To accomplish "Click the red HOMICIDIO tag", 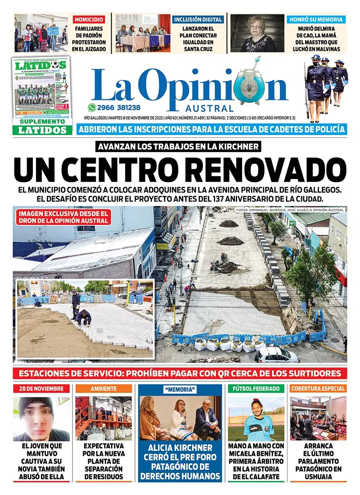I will pyautogui.click(x=89, y=20).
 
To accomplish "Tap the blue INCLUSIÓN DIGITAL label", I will pyautogui.click(x=198, y=20).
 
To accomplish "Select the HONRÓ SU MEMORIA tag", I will pyautogui.click(x=316, y=20).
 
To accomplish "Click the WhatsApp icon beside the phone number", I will pyautogui.click(x=92, y=107).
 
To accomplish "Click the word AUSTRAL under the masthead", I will pyautogui.click(x=209, y=108).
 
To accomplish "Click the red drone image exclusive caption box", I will pyautogui.click(x=63, y=217).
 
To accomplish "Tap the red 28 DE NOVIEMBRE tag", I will pyautogui.click(x=41, y=388).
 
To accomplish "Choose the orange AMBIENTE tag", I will pyautogui.click(x=103, y=388).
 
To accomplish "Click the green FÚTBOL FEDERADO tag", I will pyautogui.click(x=256, y=388).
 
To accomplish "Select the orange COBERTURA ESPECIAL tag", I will pyautogui.click(x=318, y=388).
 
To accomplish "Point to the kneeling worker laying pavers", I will pyautogui.click(x=84, y=317).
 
